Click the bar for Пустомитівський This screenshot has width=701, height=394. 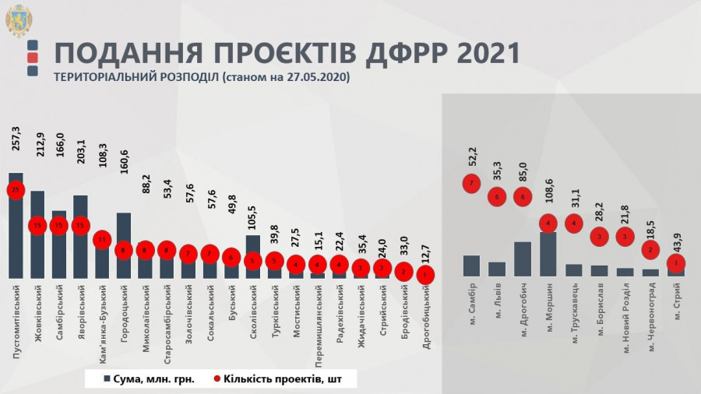point(16,234)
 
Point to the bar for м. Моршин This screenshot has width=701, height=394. point(548,254)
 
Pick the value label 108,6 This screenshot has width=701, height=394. point(548,190)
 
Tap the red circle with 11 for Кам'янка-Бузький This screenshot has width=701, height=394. point(102,241)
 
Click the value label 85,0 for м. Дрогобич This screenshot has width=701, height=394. point(523,170)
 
